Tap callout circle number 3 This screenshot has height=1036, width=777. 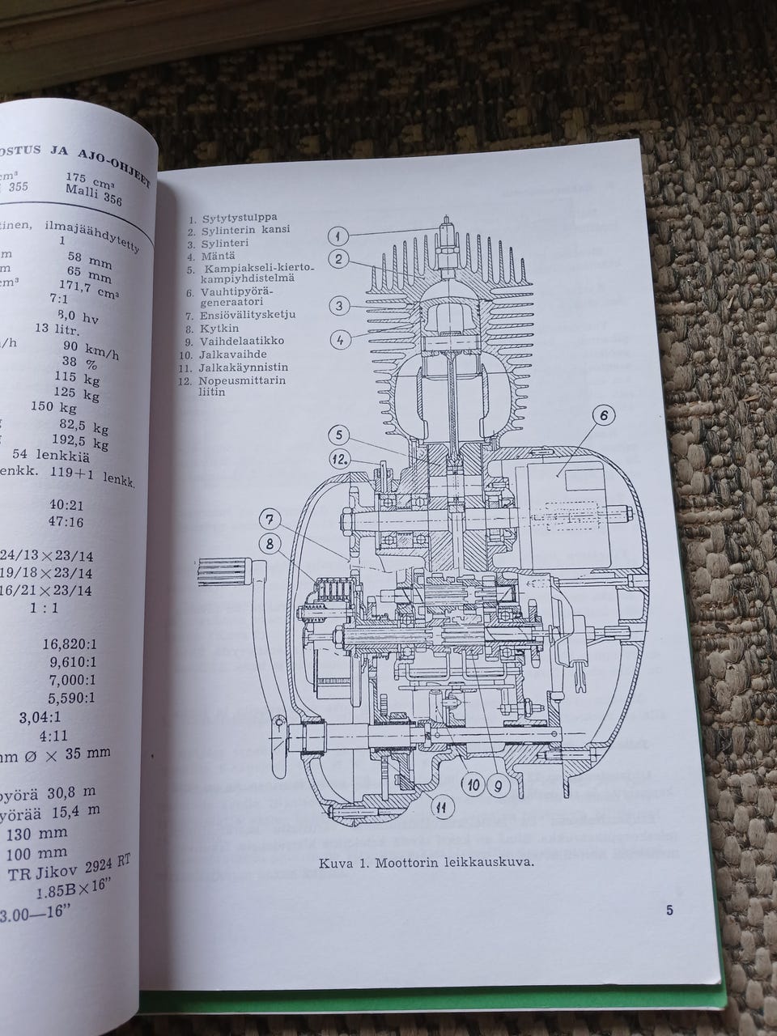pos(342,305)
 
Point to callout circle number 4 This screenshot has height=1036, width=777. pos(342,340)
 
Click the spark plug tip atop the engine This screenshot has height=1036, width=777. pos(445,219)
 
